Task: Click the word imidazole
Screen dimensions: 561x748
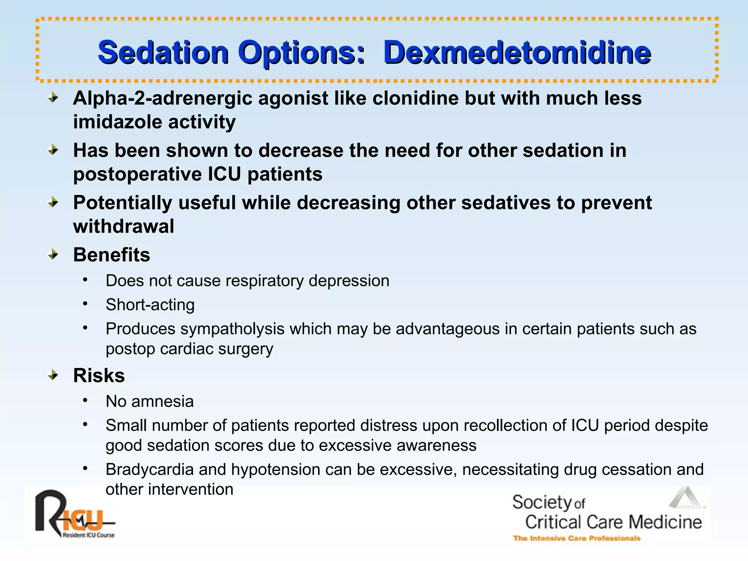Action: (118, 122)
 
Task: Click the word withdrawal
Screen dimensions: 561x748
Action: (123, 226)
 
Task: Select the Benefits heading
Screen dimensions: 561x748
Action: (111, 255)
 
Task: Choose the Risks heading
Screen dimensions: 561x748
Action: (99, 375)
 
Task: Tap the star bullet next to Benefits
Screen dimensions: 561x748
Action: (53, 254)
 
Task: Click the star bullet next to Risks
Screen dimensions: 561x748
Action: (53, 375)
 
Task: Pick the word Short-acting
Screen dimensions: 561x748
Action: (150, 305)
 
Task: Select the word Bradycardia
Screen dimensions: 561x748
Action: (149, 469)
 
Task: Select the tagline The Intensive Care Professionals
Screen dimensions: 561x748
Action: (577, 538)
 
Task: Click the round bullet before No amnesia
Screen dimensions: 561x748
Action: (85, 401)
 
